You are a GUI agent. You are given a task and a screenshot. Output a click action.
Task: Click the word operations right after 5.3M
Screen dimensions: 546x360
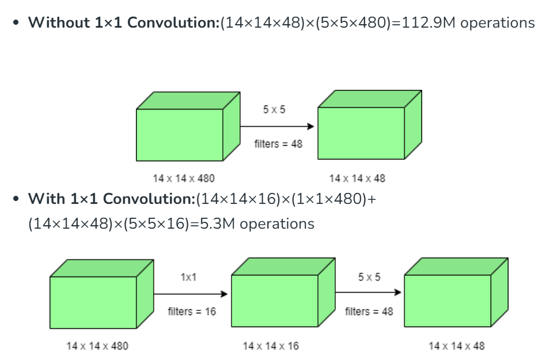[277, 223]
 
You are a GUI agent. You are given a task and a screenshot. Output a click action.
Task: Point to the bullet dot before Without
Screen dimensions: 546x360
[16, 23]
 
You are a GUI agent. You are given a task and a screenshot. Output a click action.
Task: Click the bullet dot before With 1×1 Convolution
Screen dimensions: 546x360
[16, 199]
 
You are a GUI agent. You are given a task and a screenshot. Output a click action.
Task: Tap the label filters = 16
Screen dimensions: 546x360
[192, 312]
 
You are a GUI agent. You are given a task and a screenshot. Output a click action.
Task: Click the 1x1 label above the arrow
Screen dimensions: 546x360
[188, 277]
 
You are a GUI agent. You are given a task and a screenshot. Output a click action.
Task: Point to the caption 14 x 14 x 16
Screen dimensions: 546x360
[271, 346]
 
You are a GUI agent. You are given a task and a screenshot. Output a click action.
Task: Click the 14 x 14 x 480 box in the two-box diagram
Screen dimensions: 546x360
[180, 134]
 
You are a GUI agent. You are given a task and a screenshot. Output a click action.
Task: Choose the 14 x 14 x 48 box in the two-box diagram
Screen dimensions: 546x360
[362, 132]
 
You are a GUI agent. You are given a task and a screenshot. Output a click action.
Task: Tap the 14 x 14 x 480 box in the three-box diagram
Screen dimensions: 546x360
[93, 302]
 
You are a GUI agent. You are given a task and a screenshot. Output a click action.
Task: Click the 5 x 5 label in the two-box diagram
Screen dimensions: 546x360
[274, 109]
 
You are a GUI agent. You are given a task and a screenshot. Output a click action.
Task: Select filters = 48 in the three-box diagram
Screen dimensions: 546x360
[369, 312]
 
